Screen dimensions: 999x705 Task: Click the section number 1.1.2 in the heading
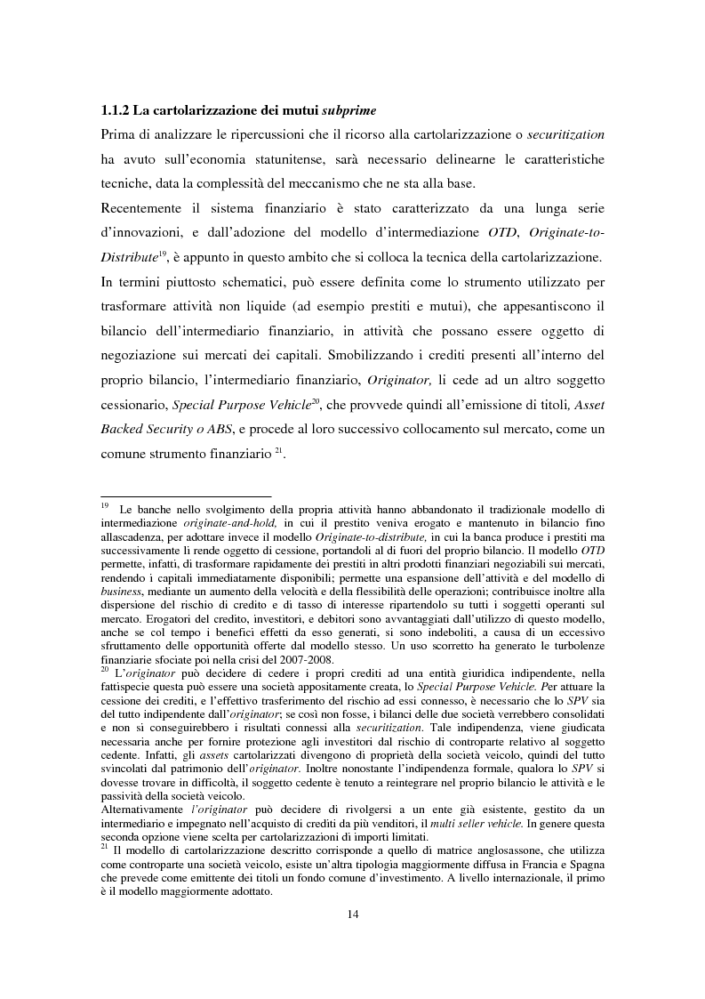(116, 111)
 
